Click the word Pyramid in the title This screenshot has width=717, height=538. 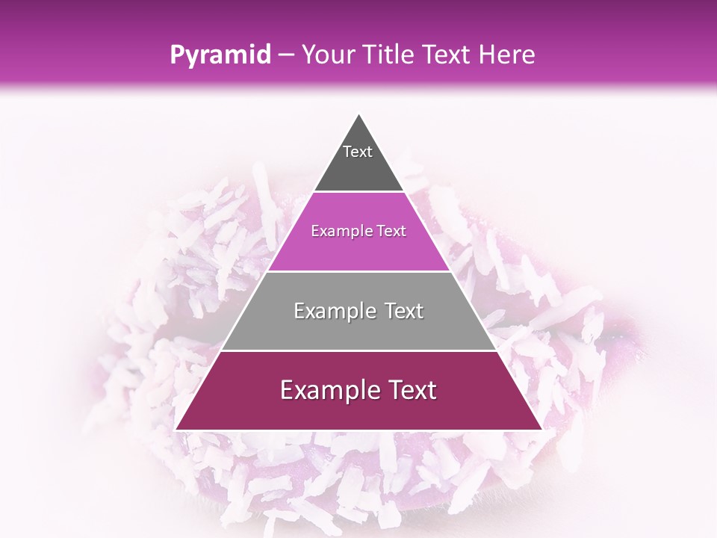click(x=220, y=55)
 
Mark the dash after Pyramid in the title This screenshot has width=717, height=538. click(x=285, y=55)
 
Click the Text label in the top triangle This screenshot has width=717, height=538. click(x=358, y=152)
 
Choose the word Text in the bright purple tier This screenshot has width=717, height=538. click(x=391, y=231)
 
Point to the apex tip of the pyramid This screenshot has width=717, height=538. click(x=358, y=114)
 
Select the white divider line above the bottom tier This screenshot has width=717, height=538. click(x=358, y=350)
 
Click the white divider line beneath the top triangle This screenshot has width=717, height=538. click(x=358, y=191)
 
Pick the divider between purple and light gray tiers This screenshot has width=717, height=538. click(x=358, y=270)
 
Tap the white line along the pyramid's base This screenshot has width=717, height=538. click(x=358, y=430)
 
